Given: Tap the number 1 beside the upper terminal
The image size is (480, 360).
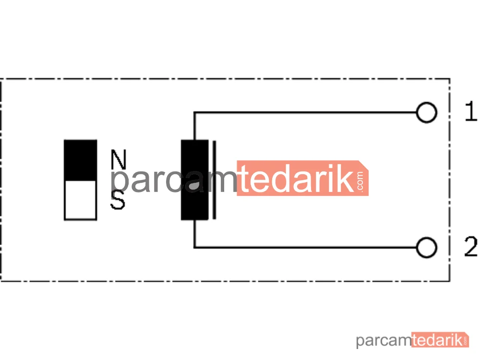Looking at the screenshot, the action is pos(471,111).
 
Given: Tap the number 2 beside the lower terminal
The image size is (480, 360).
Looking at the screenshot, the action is pos(471,246).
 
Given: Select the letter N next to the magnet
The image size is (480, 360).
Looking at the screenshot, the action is pos(119,159).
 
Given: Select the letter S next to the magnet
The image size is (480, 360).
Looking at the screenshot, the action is pos(118,200).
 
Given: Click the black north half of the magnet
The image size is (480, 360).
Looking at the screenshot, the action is pos(81,160).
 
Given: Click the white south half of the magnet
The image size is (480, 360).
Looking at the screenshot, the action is pos(81,200).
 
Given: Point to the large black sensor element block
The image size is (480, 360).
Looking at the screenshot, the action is pos(195,180).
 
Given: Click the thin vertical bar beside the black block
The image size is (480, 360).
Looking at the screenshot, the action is pos(214,180).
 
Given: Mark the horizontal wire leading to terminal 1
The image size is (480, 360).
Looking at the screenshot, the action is pos(305,113).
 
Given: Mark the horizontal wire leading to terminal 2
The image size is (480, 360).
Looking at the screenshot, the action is pos(305,247).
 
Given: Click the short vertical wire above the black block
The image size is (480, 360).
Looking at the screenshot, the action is pos(194,126).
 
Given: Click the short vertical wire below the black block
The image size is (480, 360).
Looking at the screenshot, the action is pos(194,234).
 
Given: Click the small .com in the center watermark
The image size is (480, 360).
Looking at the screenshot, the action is pos(360,181).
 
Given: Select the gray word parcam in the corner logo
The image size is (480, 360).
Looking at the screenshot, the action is pos(384,341).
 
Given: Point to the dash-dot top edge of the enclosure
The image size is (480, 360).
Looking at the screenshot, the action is pos(225,79).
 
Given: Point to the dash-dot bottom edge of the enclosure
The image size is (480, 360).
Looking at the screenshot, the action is pos(225,280).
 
